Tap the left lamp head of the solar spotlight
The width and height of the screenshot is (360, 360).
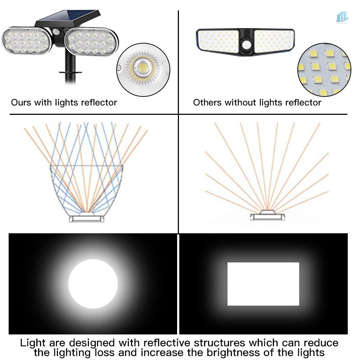click(x=27, y=41)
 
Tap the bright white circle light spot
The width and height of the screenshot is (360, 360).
click(x=93, y=284)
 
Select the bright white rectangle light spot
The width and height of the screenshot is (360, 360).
click(x=263, y=284)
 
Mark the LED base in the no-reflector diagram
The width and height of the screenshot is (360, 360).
click(x=267, y=216)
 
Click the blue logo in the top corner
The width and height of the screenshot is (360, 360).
click(x=342, y=17)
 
